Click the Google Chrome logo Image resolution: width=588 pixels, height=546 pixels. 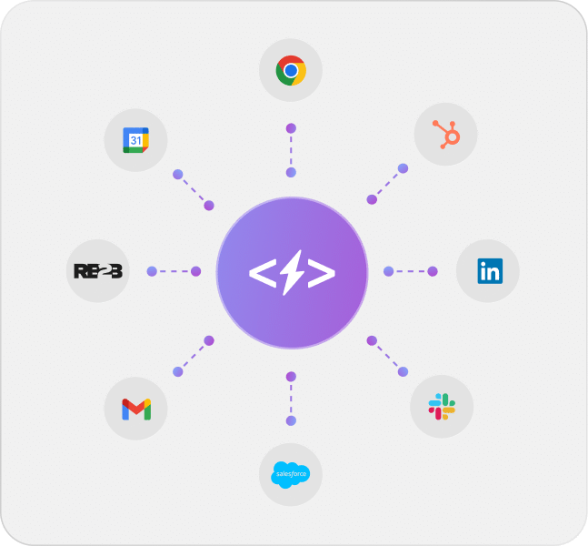coord(291,70)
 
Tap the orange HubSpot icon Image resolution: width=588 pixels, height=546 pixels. coord(445,135)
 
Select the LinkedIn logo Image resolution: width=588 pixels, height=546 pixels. coord(488,271)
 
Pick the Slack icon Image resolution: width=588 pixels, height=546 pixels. coord(442,407)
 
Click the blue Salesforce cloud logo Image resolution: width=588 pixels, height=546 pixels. coord(291,474)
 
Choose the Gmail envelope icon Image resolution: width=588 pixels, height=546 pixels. coord(136,409)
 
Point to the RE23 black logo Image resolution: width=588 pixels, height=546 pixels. coord(97,271)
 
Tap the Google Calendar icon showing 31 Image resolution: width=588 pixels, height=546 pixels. coord(136,139)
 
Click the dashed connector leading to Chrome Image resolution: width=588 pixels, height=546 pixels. coord(291,150)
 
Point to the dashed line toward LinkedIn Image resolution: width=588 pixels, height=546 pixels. coord(410,271)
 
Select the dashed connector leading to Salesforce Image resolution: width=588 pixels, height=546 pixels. coord(291,398)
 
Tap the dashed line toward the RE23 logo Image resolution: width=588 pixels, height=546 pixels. coord(174,271)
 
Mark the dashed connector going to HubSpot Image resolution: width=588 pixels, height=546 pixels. coord(387,184)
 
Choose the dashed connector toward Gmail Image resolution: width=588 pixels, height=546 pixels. coord(193,356)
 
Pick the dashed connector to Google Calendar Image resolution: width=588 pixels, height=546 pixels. coord(193,189)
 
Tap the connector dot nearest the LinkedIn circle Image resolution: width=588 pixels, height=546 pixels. coord(433,271)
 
